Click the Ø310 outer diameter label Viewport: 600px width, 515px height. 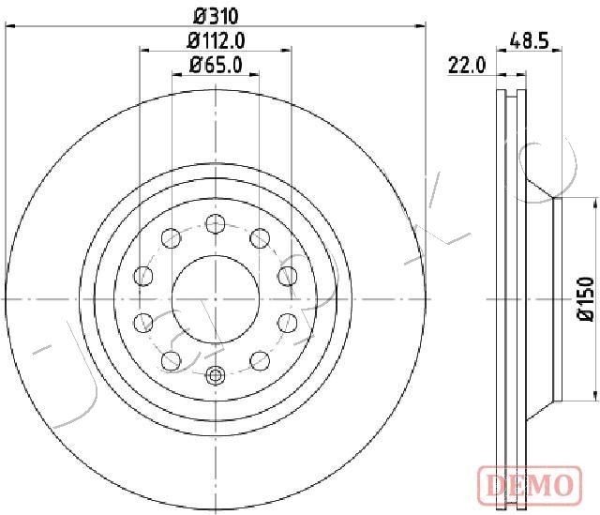click(216, 14)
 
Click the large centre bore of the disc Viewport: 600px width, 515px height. click(216, 298)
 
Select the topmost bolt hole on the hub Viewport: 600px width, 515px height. click(216, 223)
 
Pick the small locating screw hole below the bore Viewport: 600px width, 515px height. click(216, 375)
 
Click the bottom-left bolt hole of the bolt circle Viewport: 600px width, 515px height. click(172, 359)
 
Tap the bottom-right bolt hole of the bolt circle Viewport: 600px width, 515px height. click(260, 359)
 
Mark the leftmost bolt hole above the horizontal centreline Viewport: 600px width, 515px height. click(143, 275)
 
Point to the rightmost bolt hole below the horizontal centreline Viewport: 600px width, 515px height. click(288, 323)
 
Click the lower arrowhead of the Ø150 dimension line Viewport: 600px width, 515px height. click(594, 394)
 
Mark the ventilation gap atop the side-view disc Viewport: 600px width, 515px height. click(509, 94)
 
